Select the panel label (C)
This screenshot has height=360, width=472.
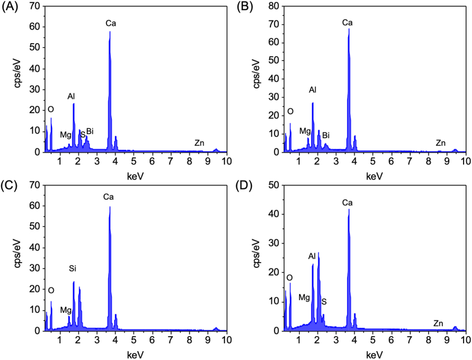click(10, 186)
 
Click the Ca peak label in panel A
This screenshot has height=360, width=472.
click(111, 23)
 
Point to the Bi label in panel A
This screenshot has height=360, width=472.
click(90, 131)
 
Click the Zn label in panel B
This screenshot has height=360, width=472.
click(440, 143)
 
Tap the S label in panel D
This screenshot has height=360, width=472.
click(324, 301)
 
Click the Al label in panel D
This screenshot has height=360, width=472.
click(312, 256)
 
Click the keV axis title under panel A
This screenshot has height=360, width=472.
click(135, 176)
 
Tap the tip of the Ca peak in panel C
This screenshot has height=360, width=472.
click(110, 207)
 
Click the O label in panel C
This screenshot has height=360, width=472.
click(51, 290)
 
